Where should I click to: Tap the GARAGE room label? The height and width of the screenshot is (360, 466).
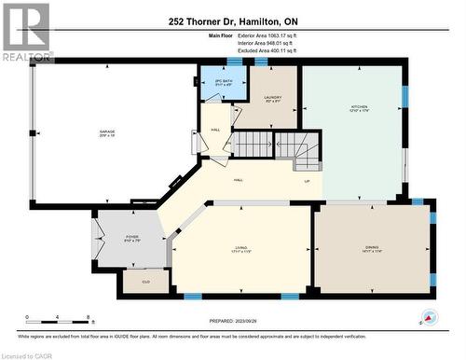108,133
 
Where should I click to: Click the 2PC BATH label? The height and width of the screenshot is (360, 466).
224,82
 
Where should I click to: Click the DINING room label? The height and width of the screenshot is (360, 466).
373,248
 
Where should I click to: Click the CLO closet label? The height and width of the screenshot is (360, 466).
145,281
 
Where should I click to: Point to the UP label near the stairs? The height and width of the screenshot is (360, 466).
307,181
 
